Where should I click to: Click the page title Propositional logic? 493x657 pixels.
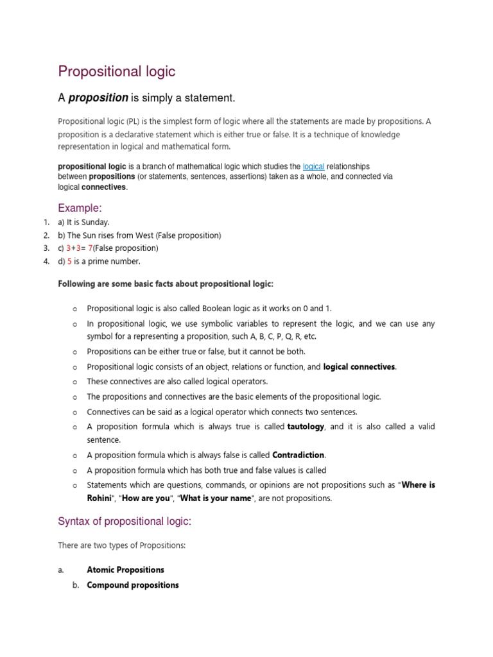(117, 71)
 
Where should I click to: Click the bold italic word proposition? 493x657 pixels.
(98, 98)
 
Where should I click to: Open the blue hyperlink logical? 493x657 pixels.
(313, 166)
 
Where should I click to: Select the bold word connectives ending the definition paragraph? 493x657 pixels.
(104, 187)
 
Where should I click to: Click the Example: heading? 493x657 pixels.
(80, 208)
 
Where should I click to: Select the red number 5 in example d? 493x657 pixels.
(69, 261)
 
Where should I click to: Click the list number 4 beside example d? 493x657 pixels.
(46, 261)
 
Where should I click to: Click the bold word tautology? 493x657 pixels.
(306, 427)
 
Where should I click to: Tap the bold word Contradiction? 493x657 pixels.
(298, 455)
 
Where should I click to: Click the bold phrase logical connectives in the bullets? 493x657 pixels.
(359, 367)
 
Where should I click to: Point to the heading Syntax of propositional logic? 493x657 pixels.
(125, 522)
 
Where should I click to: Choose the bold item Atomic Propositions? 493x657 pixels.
(125, 570)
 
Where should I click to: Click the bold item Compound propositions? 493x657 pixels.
(132, 585)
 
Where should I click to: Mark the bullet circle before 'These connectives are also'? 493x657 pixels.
(75, 382)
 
